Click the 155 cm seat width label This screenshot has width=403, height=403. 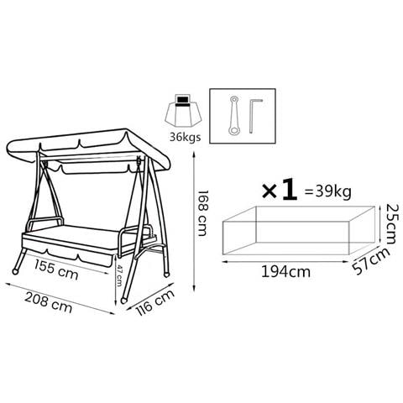(56, 270)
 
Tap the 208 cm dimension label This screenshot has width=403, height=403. (48, 302)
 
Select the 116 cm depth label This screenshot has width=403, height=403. (155, 302)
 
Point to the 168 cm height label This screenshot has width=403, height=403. (203, 213)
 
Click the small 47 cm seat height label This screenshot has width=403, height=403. (119, 275)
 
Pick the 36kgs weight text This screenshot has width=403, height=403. (185, 137)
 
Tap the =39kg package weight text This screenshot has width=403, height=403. (328, 192)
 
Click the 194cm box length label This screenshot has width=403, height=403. (285, 271)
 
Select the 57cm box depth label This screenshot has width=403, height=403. (371, 261)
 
